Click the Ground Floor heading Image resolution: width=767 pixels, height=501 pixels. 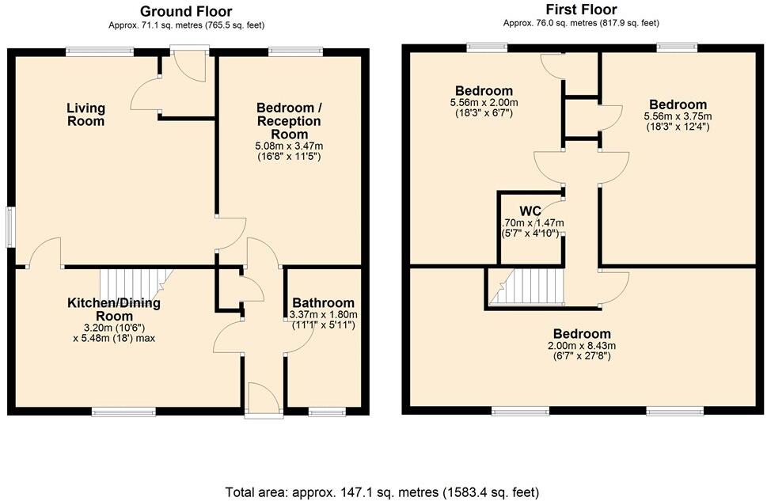(x=186, y=11)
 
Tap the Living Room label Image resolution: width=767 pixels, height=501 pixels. (x=85, y=115)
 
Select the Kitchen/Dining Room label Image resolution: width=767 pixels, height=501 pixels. (x=114, y=309)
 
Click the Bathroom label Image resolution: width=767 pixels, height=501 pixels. (x=323, y=303)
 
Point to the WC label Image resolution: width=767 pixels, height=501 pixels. (x=530, y=211)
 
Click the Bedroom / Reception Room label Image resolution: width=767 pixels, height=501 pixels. (x=290, y=121)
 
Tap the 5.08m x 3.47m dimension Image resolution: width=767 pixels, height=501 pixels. (x=289, y=146)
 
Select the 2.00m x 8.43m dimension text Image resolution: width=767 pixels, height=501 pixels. (x=582, y=346)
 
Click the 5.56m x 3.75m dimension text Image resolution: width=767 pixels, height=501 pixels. (x=678, y=116)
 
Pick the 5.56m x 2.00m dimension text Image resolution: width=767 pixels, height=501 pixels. (x=484, y=103)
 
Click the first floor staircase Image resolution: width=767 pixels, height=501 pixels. (x=526, y=286)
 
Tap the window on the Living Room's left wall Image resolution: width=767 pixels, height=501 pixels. (x=10, y=226)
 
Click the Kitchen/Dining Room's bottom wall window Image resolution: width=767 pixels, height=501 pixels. (x=123, y=411)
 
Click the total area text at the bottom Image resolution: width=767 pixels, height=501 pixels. (x=383, y=491)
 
